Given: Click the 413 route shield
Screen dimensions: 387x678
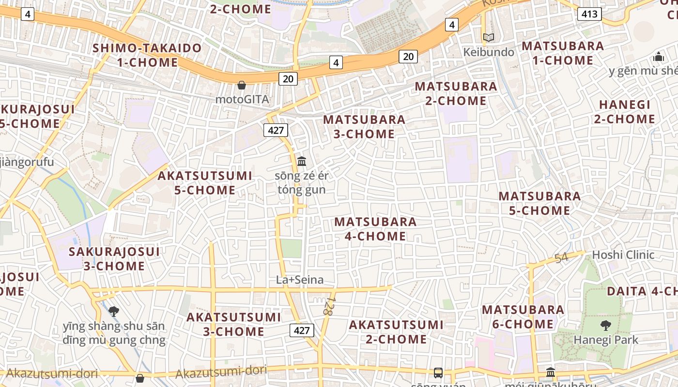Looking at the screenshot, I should pos(589,14).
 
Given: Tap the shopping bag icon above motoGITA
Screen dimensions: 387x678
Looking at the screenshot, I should pos(242,85).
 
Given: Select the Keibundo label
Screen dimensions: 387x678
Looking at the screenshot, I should pos(489,52).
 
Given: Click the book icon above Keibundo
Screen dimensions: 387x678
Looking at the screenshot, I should pos(489,37).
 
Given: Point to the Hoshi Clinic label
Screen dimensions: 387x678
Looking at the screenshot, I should pos(623,255).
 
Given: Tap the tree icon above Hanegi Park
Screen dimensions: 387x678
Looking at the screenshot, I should pos(605,325).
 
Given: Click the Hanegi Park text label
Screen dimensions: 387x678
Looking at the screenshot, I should pos(606,340).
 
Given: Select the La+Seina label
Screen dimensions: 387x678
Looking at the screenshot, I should pos(300,280).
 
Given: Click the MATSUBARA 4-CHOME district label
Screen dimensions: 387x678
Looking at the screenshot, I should pos(375,229).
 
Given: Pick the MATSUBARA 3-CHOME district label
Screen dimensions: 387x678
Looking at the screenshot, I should pos(364,126).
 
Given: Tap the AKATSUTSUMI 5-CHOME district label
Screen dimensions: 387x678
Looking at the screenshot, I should pos(205,183).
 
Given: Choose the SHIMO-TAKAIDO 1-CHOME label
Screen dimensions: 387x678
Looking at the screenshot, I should pos(147,55).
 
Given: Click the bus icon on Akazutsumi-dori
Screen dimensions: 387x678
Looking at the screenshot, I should pos(438,373).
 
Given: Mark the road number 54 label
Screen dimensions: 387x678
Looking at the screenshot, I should pos(561,258).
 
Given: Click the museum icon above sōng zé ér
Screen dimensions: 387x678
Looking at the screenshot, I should pos(302,161).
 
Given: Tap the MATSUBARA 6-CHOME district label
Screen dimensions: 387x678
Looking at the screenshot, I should pos(523,317).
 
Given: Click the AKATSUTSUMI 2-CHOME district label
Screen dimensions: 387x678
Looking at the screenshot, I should pos(396,332).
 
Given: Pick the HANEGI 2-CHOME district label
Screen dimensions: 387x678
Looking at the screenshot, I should pos(624,112).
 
